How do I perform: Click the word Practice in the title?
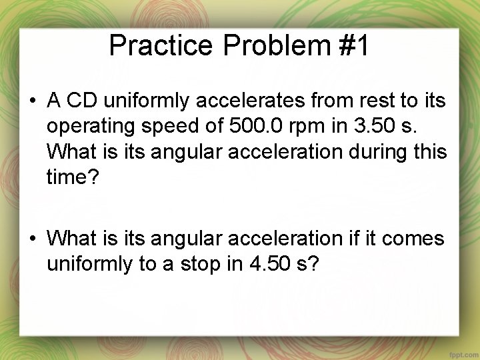coord(161,45)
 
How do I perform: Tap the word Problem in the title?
coord(277,45)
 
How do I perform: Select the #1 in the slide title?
coord(354,45)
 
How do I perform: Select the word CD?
coord(82,101)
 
